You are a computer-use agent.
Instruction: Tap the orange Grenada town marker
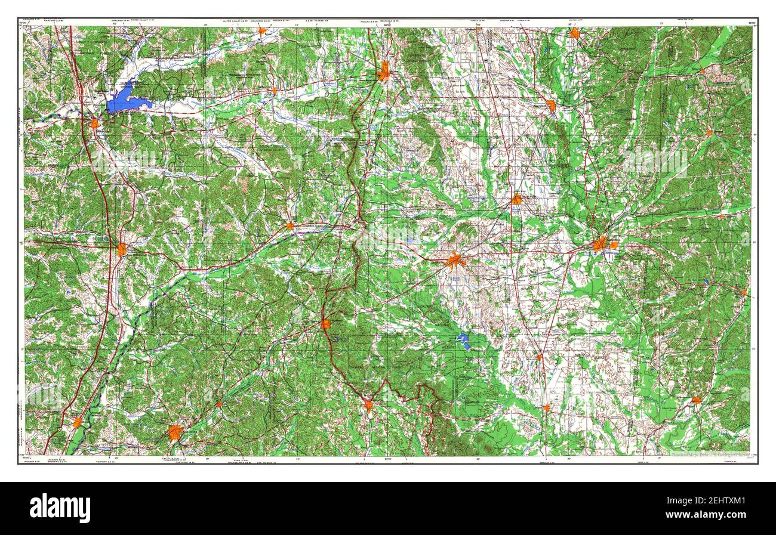click(x=94, y=123)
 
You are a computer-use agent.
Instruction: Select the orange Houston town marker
click(x=383, y=74)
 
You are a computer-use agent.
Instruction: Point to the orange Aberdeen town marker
click(x=550, y=106)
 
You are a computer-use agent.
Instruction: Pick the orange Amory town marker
click(x=574, y=33)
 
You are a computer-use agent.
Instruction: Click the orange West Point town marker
click(x=516, y=199)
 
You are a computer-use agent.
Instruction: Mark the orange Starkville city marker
click(x=455, y=261)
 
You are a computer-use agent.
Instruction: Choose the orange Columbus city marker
click(x=600, y=244)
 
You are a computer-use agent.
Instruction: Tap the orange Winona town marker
click(x=122, y=249)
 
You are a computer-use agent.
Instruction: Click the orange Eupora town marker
click(x=290, y=226)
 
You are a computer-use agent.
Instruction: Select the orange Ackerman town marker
click(x=325, y=324)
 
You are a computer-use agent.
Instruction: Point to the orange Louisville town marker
click(x=368, y=406)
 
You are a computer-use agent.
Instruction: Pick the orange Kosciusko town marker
click(x=175, y=432)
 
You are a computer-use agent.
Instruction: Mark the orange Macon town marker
click(x=546, y=408)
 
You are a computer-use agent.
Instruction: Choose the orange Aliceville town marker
click(x=696, y=400)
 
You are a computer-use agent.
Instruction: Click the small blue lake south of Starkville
click(x=463, y=341)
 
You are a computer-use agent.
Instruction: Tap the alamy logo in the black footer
click(x=60, y=508)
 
